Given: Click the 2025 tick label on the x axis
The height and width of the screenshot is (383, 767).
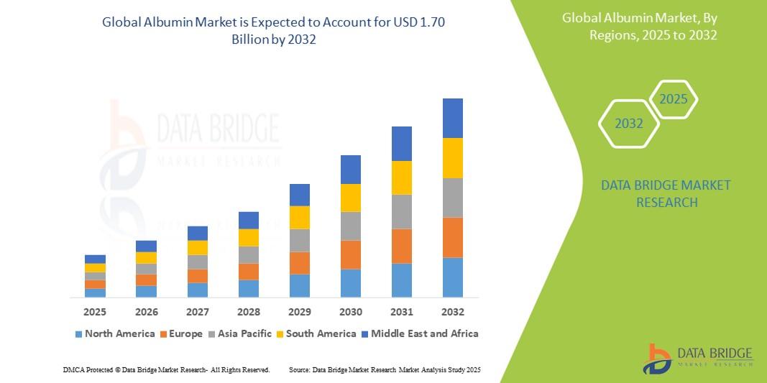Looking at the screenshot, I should click(x=95, y=312).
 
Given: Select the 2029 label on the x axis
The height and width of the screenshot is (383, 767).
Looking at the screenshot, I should click(x=300, y=312).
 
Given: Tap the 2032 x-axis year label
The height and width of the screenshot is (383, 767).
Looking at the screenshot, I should click(x=453, y=312).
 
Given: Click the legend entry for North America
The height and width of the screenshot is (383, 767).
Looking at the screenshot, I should click(x=115, y=333).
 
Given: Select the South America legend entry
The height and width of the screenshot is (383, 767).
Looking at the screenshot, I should click(x=316, y=333).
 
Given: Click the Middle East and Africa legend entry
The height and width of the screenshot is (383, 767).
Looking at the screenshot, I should click(x=419, y=333).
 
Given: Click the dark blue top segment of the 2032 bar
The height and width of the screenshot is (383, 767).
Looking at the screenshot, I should click(x=453, y=118).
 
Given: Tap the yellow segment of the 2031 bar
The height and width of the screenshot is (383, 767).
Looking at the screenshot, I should click(x=402, y=177).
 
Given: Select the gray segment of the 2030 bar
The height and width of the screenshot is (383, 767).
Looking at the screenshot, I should click(x=351, y=226).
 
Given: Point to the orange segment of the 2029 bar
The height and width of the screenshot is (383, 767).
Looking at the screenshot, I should click(x=300, y=263).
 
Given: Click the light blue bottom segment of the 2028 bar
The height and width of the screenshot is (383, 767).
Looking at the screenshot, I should click(x=249, y=288).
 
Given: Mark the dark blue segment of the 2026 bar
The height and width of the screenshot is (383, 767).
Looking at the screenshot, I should click(x=146, y=246).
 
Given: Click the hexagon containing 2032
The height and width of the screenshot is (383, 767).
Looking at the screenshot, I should click(x=629, y=124).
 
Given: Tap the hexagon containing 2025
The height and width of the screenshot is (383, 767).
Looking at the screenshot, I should click(x=674, y=99).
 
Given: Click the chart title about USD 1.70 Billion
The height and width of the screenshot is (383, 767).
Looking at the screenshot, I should click(x=274, y=31).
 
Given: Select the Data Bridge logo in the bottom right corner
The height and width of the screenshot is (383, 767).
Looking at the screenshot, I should click(x=697, y=358).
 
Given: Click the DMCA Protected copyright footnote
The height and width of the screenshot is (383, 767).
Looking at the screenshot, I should click(x=166, y=369).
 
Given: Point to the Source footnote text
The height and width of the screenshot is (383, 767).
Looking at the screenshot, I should click(x=384, y=369).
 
